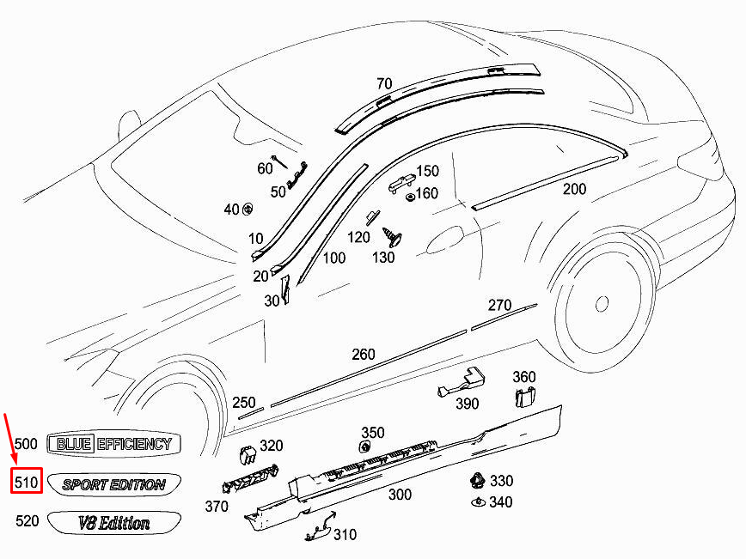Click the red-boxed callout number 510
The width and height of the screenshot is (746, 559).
coord(26,482)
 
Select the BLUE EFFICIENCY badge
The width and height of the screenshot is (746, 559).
coord(113,444)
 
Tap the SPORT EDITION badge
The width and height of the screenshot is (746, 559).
coord(114,484)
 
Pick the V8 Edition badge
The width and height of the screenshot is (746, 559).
coord(114,523)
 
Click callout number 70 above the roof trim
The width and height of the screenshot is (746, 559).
coord(384,83)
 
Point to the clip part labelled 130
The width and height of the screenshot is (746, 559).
coord(392,237)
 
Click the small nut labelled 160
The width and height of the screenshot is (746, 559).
coord(409,197)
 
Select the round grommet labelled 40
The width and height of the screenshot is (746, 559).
coord(248,209)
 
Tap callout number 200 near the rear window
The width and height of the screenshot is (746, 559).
coord(574,189)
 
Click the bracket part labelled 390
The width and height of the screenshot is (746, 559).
coord(462,381)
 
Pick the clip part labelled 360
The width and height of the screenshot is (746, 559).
coord(525,398)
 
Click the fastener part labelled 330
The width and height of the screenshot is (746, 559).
coord(477,481)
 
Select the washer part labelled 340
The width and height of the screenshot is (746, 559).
coord(478,502)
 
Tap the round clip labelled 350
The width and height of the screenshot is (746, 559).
coord(365,447)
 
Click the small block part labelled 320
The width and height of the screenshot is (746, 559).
coord(248,454)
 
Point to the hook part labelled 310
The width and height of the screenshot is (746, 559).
coord(321,526)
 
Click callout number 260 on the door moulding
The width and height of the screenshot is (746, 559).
coord(364,354)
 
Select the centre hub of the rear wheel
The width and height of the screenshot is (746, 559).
coord(602,303)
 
